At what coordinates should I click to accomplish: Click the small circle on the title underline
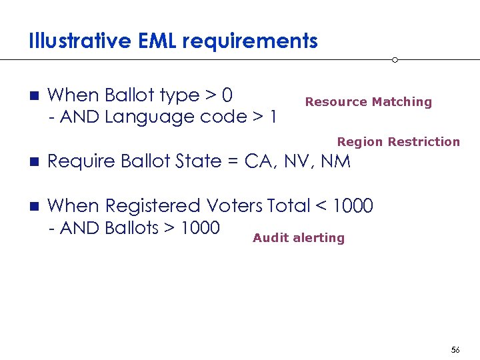pos(395,60)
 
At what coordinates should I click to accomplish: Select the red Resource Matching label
pos(368,102)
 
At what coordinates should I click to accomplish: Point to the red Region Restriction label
pos(398,141)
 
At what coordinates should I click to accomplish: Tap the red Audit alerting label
pos(299,238)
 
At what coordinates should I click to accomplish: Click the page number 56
pos(455,350)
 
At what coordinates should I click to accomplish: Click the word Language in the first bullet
pos(142,117)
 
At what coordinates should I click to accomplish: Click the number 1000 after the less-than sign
pos(352,206)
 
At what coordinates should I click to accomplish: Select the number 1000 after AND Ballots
pos(200,228)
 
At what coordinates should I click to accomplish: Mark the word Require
pos(80,162)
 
